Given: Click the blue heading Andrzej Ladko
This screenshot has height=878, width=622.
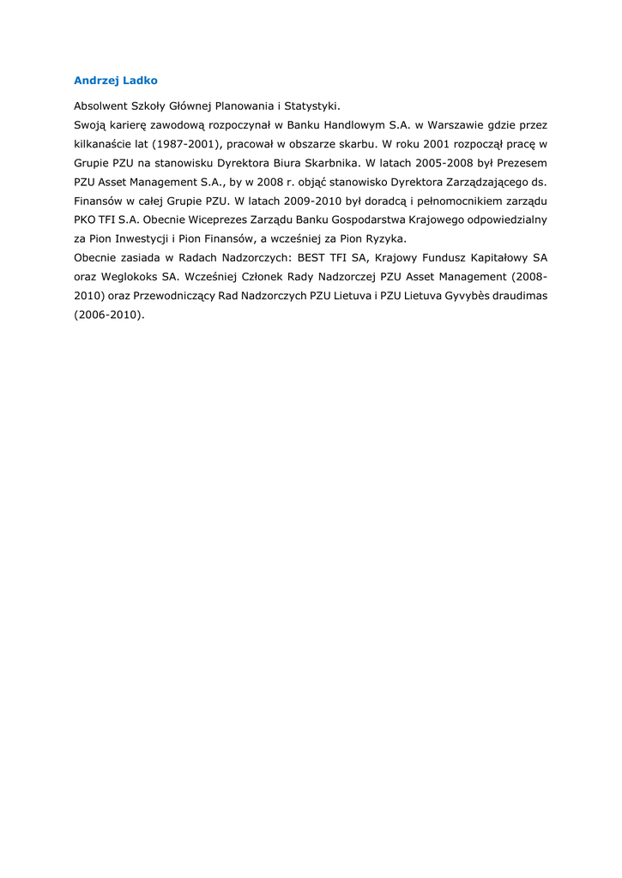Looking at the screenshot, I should point(115,81).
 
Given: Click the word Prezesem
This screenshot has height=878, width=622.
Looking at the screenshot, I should point(522,163).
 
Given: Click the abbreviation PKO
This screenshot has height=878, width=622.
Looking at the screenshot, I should point(85,219).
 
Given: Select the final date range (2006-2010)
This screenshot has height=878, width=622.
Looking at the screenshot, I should point(109,314).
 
